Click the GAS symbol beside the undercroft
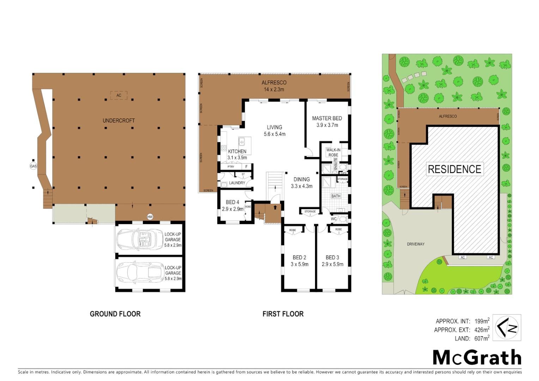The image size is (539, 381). (33, 166)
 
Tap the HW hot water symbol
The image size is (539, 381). (150, 217)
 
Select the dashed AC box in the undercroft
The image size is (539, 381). (119, 95)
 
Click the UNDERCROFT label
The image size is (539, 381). (119, 121)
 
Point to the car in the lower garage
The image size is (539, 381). (139, 272)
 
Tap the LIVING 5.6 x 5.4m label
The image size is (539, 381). (274, 131)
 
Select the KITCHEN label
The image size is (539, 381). (237, 151)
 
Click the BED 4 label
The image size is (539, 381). (232, 202)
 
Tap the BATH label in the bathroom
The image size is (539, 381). (336, 196)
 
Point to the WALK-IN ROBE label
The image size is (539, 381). (333, 152)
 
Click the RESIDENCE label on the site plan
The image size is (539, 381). (454, 169)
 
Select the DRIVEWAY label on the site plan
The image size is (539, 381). (416, 244)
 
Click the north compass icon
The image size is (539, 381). (507, 327)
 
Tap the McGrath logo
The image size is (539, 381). (477, 357)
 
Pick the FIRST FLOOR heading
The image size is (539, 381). (283, 314)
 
